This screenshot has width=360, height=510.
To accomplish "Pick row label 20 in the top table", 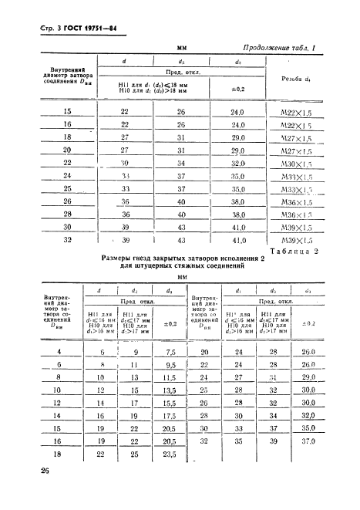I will click(x=67, y=150).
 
